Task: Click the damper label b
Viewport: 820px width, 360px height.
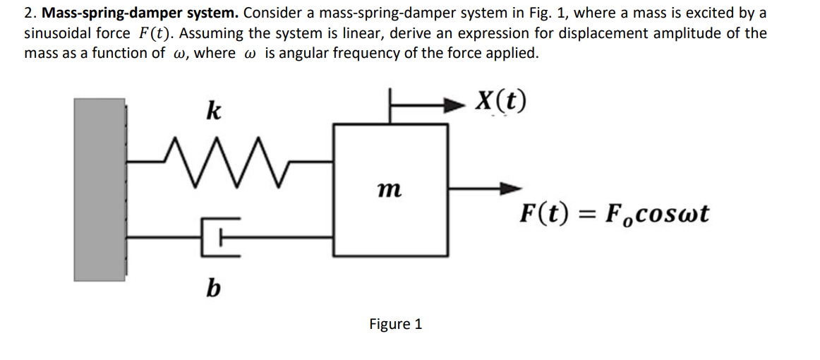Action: tap(210, 289)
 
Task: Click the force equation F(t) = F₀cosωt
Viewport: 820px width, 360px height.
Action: tap(614, 213)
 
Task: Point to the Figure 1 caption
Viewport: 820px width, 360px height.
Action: tap(395, 324)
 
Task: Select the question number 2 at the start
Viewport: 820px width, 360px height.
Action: tap(29, 13)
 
